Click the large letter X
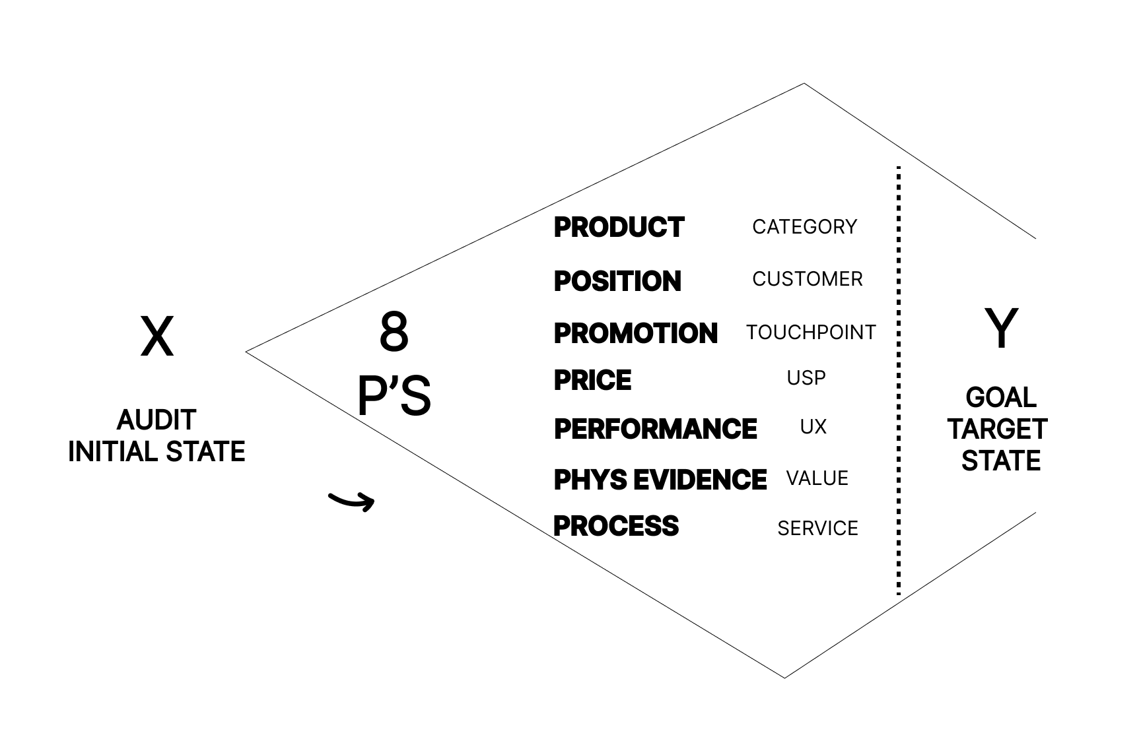pos(157,336)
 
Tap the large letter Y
pos(1001,328)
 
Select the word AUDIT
pos(156,420)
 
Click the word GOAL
pos(1000,397)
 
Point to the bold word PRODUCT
pos(619,227)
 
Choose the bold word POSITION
pos(617,281)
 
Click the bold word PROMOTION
pos(635,333)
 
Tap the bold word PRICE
pos(592,380)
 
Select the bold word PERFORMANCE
pos(655,429)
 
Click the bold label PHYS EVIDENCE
pos(660,480)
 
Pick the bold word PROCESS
pos(615,526)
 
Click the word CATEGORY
pos(804,227)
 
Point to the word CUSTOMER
pos(807,279)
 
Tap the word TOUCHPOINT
pos(811,333)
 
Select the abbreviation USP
pos(806,378)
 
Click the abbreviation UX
pos(813,427)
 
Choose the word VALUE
pos(817,478)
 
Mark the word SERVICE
pos(817,529)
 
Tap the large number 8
pos(394,332)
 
